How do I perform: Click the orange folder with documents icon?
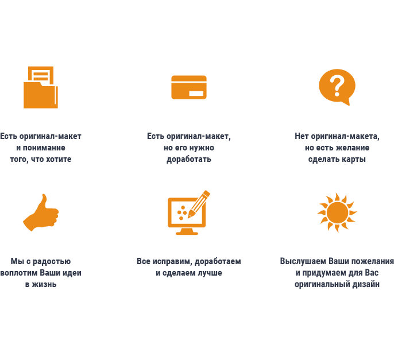coord(40,87)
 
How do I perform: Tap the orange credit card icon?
coord(189,87)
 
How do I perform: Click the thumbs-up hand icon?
coord(41,213)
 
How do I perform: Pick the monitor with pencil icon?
coord(187,213)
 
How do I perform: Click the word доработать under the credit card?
coord(188,159)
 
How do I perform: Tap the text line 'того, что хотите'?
coord(40,159)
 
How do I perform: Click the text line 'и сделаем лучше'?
coord(188,273)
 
